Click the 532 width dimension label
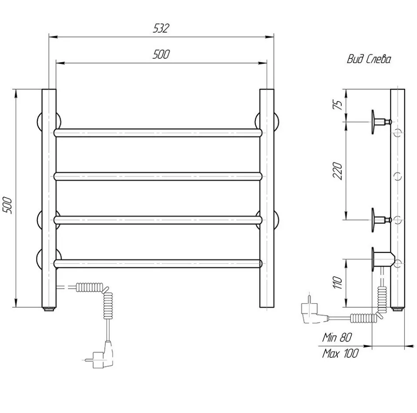pos(161,28)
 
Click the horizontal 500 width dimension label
pos(161,54)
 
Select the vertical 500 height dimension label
pos(7,205)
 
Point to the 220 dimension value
pos(337,171)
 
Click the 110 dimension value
pos(337,282)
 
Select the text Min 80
pos(337,337)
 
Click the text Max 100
pos(340,353)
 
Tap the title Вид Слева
pos(369,59)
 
